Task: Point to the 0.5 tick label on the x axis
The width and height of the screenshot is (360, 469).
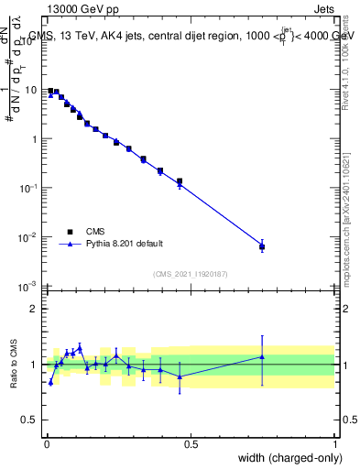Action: [191, 444]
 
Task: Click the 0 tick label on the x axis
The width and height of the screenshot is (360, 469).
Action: [47, 444]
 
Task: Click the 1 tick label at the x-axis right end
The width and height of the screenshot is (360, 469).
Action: [335, 444]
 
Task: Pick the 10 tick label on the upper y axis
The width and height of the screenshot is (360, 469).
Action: [32, 91]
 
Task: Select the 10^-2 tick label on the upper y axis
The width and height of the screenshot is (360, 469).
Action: [29, 237]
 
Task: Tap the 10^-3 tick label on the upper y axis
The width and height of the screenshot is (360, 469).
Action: [29, 287]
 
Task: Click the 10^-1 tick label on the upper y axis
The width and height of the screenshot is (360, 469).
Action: [29, 188]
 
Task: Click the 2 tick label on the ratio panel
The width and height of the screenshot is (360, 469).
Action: [37, 308]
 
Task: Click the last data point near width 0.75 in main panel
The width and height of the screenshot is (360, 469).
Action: [262, 246]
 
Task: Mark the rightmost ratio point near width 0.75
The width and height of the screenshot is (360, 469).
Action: [262, 356]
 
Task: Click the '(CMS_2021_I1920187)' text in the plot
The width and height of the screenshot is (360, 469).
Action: [191, 274]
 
